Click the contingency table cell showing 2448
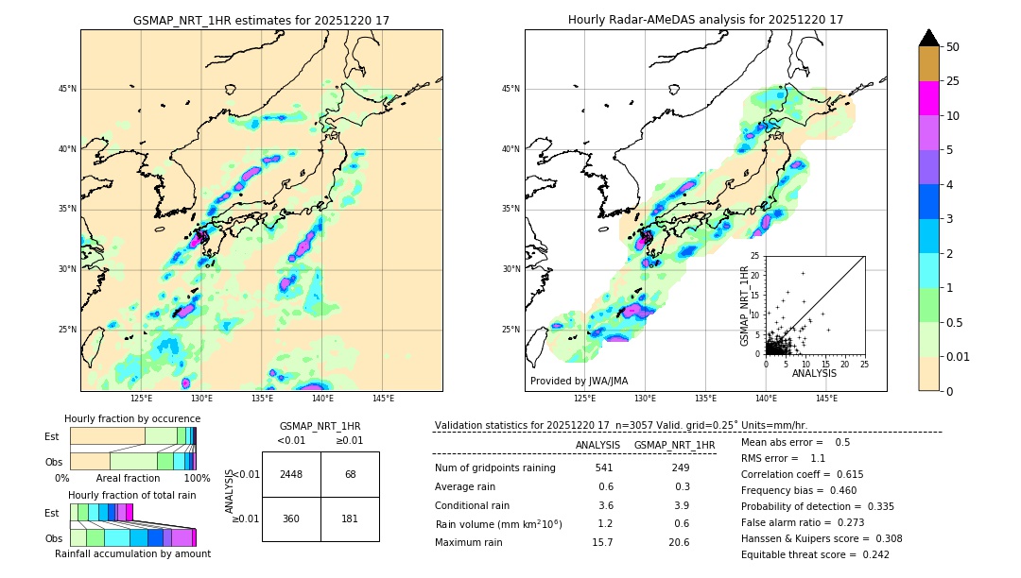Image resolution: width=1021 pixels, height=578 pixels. [291, 474]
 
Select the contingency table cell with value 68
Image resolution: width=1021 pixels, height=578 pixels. [350, 474]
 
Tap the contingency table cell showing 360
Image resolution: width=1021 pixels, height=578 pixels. [291, 518]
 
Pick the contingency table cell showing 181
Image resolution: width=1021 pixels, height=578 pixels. [350, 518]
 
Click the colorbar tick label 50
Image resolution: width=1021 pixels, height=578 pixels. [953, 47]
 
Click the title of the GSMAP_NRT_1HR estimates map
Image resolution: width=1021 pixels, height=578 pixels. [261, 21]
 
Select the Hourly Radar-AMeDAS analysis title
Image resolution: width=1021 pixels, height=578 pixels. [705, 20]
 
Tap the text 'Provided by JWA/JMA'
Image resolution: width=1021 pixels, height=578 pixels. [579, 382]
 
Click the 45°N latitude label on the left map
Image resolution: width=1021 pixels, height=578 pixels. [67, 89]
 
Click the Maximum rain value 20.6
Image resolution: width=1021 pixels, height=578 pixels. [680, 543]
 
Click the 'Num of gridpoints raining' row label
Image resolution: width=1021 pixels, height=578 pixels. [494, 468]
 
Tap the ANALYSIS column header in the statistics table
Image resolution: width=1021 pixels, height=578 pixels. [597, 445]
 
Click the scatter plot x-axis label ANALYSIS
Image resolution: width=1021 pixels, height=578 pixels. [814, 373]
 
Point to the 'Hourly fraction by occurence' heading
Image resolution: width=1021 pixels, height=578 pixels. [132, 418]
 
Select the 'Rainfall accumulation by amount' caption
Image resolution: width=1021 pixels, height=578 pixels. [132, 554]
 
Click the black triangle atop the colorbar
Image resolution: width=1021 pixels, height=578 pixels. [929, 38]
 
